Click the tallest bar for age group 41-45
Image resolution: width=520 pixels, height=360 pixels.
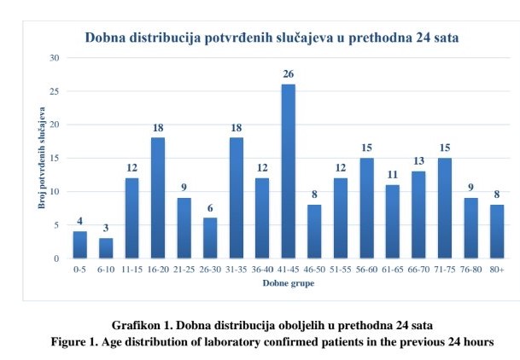click(x=289, y=171)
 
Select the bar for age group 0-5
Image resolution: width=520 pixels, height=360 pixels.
click(x=79, y=245)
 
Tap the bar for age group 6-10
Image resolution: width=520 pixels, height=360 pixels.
click(x=106, y=248)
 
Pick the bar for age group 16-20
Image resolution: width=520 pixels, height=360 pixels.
click(x=158, y=198)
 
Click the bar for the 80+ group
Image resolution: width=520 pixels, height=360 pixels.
click(x=498, y=231)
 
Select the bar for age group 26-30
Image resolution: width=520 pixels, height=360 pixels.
click(x=210, y=238)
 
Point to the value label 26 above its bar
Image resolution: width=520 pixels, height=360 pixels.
click(x=289, y=75)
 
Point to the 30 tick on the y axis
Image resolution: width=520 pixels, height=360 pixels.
click(x=54, y=58)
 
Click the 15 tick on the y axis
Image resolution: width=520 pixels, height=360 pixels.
click(x=54, y=158)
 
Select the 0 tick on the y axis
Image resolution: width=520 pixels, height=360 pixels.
click(x=56, y=258)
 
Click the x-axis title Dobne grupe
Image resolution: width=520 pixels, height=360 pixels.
click(x=288, y=284)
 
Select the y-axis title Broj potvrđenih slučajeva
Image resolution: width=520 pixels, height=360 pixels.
click(x=40, y=158)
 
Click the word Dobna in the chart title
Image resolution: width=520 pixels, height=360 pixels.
click(x=106, y=38)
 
